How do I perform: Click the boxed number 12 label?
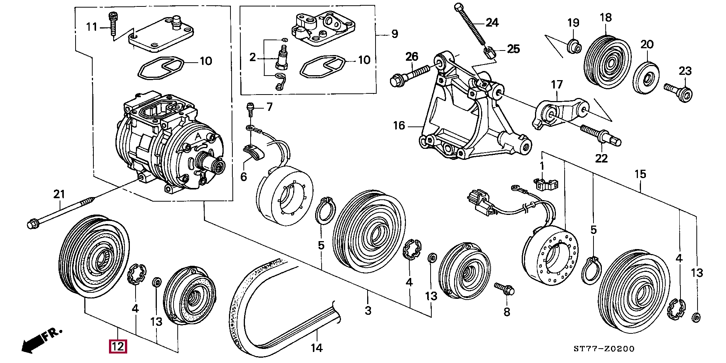[x=118, y=346]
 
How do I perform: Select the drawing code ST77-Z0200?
[x=604, y=349]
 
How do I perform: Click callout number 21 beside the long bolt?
[x=59, y=194]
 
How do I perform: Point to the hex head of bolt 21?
[x=32, y=224]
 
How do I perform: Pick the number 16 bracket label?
[x=399, y=126]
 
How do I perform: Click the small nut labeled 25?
[x=489, y=51]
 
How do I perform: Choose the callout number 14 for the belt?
[x=316, y=348]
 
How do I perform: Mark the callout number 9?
[x=395, y=34]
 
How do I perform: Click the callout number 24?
[x=492, y=23]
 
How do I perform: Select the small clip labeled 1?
[x=546, y=184]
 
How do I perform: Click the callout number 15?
[x=640, y=174]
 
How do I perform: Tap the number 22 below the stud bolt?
[x=601, y=158]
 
